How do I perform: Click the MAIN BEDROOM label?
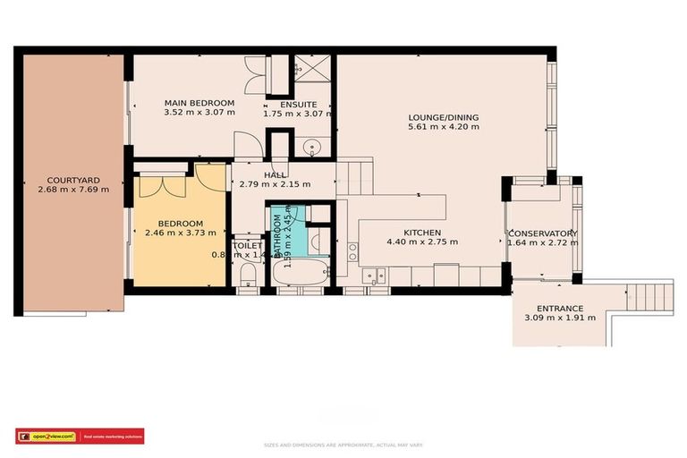pyautogui.click(x=199, y=103)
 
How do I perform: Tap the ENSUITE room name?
pyautogui.click(x=297, y=103)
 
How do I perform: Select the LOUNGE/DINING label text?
pyautogui.click(x=443, y=116)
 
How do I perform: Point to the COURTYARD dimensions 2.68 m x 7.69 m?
pyautogui.click(x=73, y=190)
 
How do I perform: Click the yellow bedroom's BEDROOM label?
pyautogui.click(x=181, y=224)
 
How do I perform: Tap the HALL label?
pyautogui.click(x=275, y=175)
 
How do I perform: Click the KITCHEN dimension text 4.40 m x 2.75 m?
pyautogui.click(x=421, y=242)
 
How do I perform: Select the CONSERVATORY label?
pyautogui.click(x=542, y=233)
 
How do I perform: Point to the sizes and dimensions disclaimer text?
pyautogui.click(x=343, y=445)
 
